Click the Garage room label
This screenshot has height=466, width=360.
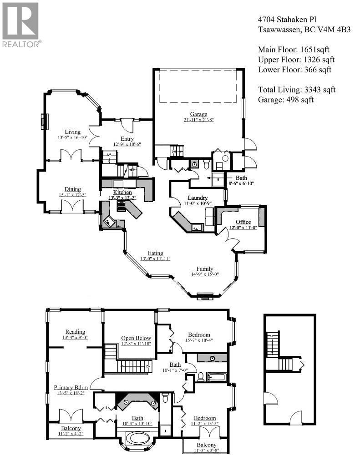[x=198, y=114]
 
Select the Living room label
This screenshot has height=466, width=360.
[x=72, y=132]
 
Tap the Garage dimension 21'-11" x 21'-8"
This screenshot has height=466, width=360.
[x=198, y=120]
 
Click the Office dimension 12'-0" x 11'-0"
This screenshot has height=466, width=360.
[x=243, y=227]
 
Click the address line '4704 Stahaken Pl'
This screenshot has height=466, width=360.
[x=287, y=20]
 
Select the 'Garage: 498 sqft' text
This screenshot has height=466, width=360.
[x=285, y=100]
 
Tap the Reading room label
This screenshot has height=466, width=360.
[x=75, y=332]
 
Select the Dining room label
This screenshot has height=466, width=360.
[x=72, y=189]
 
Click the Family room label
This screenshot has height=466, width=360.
[x=204, y=268]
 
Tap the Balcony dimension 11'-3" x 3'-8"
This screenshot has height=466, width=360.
[x=207, y=451]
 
